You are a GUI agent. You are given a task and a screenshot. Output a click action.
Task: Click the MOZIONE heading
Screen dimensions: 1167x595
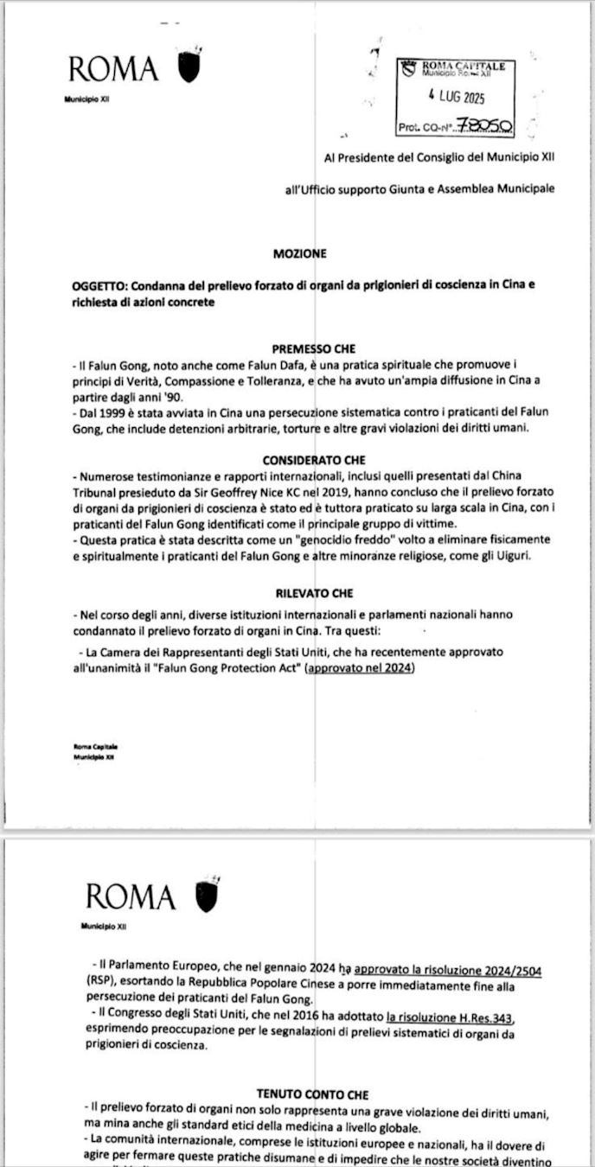pos(300,254)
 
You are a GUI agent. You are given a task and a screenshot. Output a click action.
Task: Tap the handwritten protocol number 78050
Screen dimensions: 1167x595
pos(484,126)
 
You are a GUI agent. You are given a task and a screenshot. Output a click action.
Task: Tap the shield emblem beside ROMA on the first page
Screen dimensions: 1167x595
pos(189,67)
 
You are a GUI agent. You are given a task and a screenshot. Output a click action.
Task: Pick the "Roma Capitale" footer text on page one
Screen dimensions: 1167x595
pos(97,747)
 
